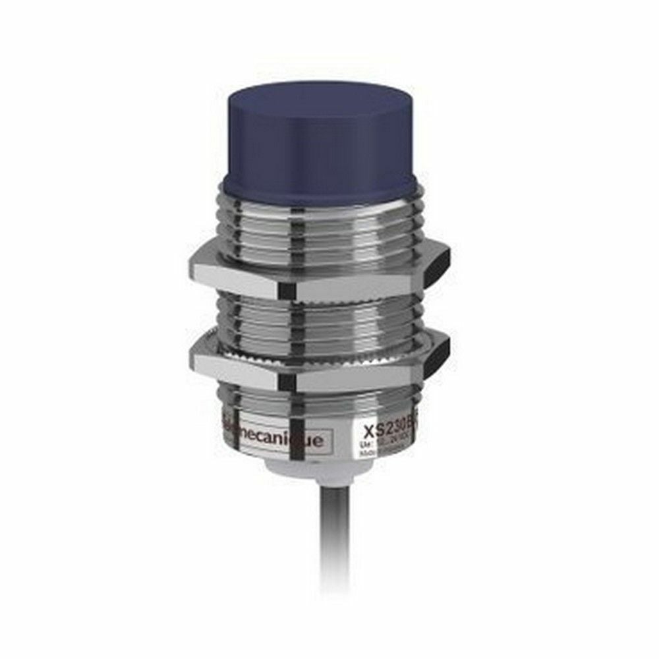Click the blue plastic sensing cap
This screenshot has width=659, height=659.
[x=320, y=132]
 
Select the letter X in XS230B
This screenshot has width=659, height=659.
[x=369, y=432]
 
